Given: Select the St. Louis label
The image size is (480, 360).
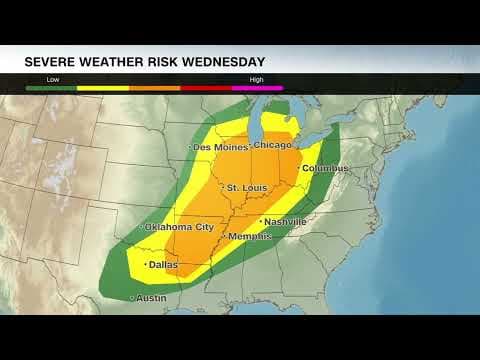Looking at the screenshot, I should (246, 188).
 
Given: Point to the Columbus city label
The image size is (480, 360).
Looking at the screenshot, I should (326, 168).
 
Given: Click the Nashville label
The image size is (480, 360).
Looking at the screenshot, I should (286, 221).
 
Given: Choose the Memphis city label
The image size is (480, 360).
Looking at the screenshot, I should (250, 236).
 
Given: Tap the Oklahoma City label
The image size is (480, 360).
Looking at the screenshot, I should (180, 227).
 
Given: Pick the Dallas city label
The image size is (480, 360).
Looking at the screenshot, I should (164, 265).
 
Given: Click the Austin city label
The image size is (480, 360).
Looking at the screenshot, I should (151, 298).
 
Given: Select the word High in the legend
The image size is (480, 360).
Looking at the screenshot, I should (257, 77).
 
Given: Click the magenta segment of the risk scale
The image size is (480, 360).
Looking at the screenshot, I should (257, 88).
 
